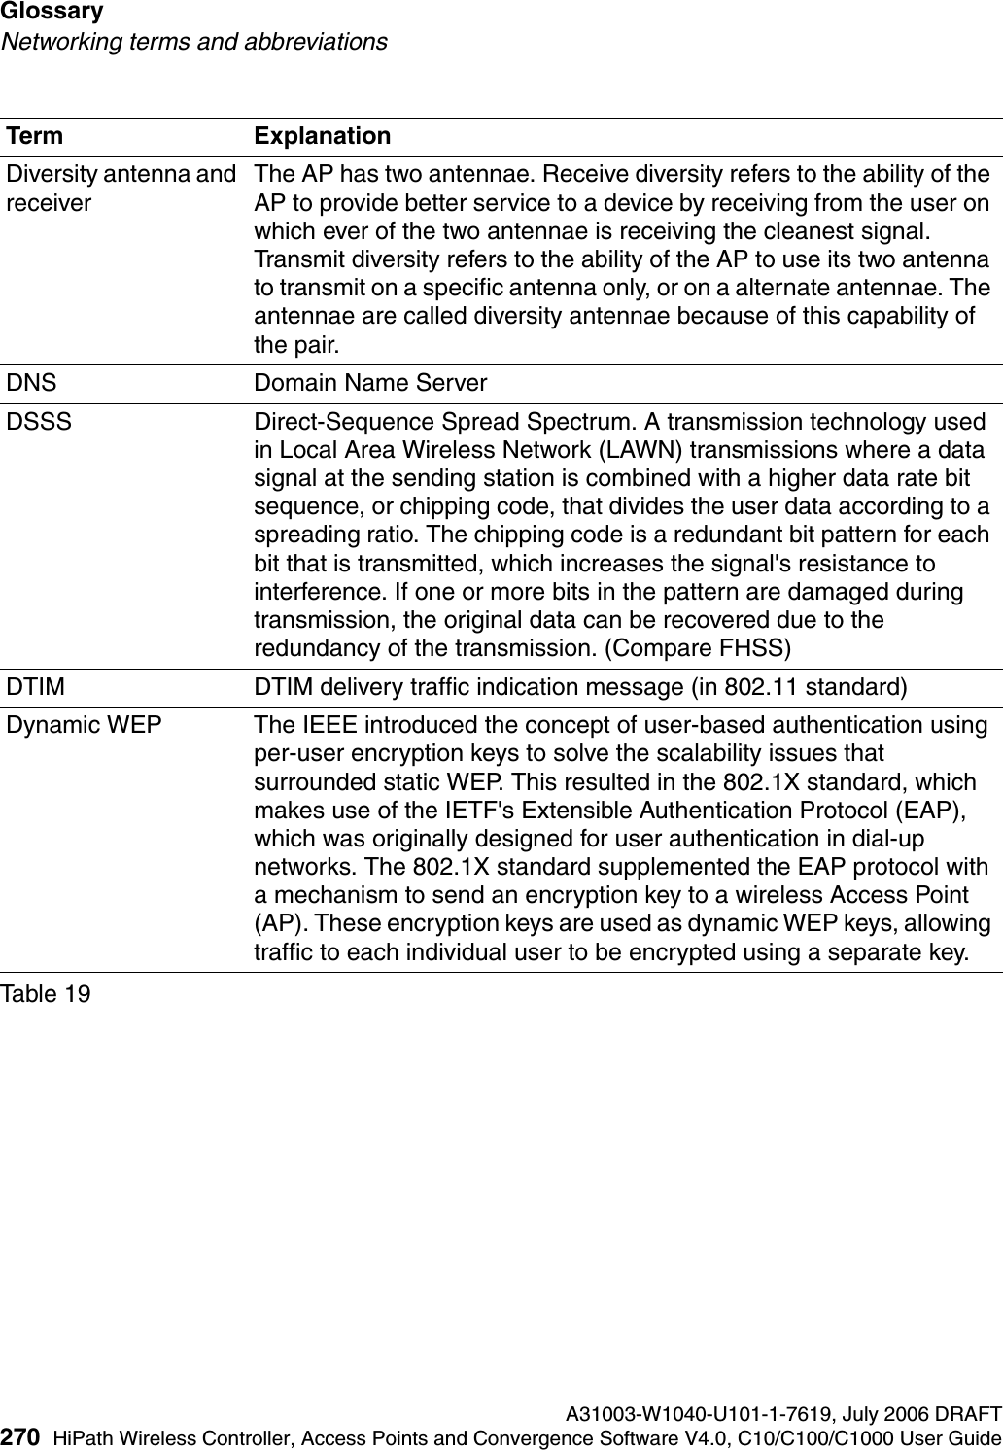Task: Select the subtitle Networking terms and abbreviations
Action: coord(193,42)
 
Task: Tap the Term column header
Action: coord(35,136)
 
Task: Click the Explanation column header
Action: coord(322,136)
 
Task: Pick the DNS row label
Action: coord(32,383)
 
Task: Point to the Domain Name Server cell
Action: coord(369,383)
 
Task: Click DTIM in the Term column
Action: coord(37,687)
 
